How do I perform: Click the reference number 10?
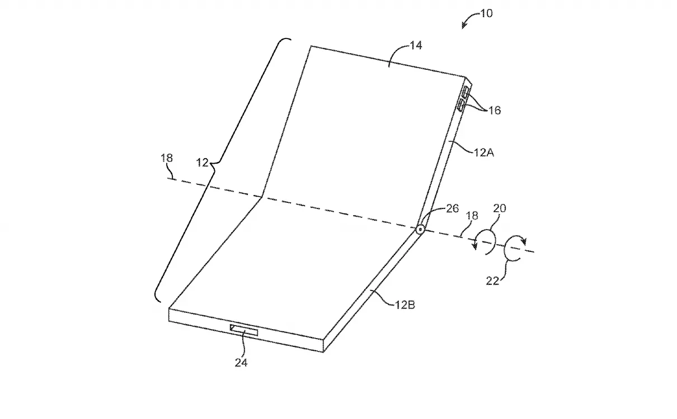487,13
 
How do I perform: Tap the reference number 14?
416,45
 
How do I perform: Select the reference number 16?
495,111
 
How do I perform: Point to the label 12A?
484,153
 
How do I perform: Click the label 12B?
405,305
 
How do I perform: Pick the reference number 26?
453,208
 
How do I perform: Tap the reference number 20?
500,208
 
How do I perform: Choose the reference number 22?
492,281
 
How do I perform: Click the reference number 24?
241,363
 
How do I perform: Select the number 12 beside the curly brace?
202,163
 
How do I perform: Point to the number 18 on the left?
167,158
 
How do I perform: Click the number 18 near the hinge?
472,216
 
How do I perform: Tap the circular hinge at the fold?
420,230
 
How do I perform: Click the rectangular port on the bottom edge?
244,330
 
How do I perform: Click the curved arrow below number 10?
471,20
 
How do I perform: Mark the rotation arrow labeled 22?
515,248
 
